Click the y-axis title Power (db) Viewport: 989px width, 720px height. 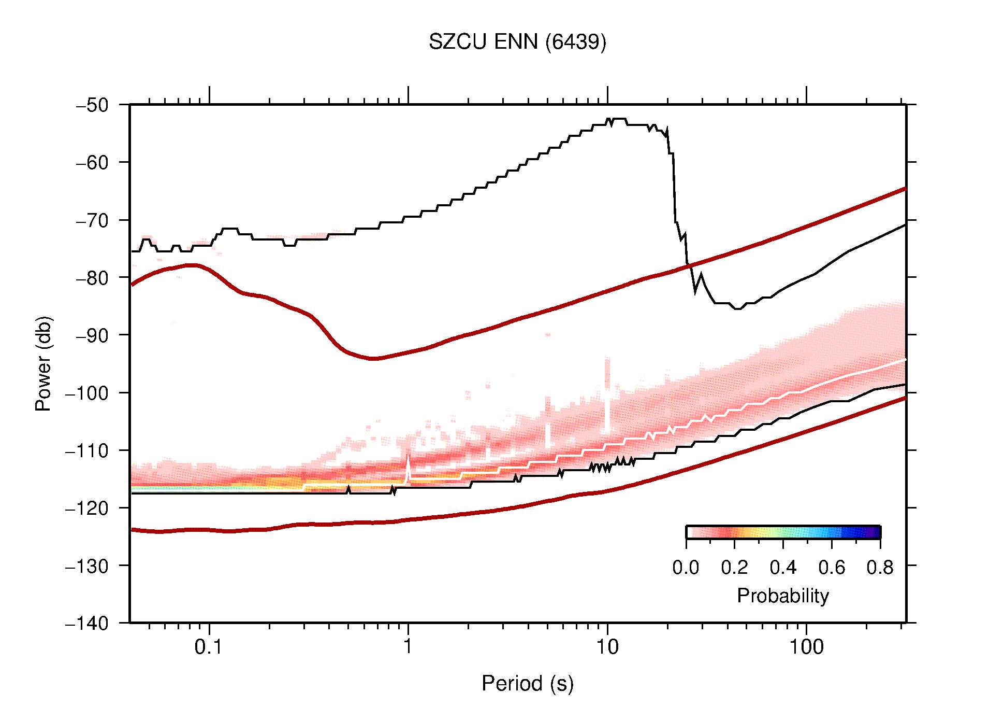(43, 363)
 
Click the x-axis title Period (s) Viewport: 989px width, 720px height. (527, 684)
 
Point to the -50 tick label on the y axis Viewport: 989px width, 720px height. (93, 105)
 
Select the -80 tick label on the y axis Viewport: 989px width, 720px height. (93, 278)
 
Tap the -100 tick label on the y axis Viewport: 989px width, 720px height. (87, 393)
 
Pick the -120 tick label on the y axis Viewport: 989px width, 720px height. (87, 508)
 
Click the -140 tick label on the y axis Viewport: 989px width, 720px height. (87, 623)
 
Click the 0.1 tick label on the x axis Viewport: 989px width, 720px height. (209, 647)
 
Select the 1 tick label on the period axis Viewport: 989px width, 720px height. (408, 647)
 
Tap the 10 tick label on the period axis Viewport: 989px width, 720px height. (607, 647)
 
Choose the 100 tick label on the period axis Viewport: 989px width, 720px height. (806, 647)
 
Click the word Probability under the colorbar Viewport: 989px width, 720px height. (782, 596)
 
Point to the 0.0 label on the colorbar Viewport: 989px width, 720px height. (686, 568)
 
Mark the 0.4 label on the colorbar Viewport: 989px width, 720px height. (783, 568)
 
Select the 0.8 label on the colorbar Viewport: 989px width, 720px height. (880, 568)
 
